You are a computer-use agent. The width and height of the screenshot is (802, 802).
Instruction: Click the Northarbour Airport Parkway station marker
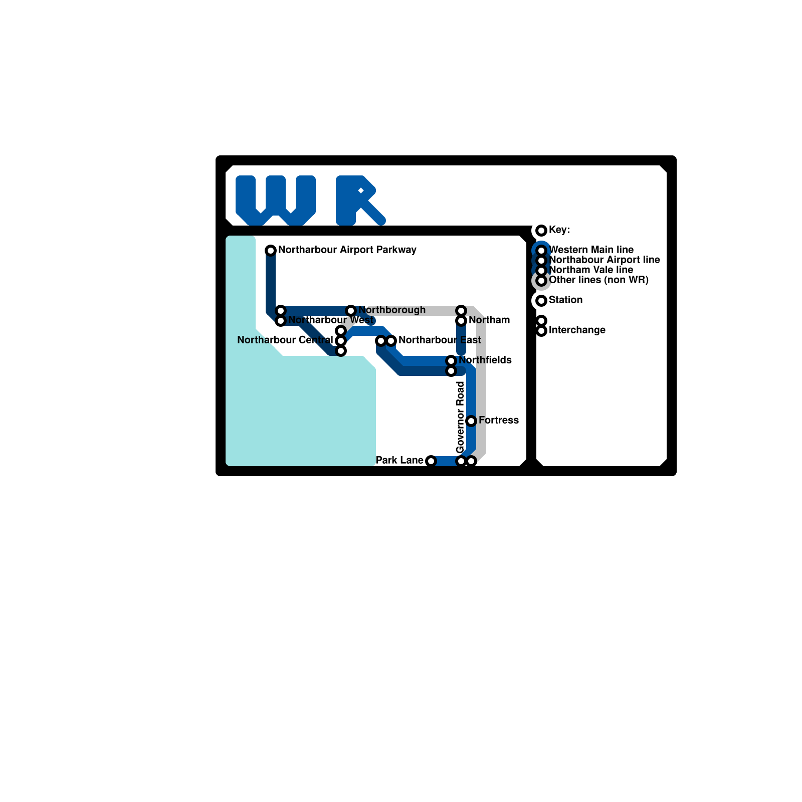click(x=271, y=250)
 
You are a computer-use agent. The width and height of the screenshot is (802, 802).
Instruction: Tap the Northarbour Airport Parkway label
click(x=347, y=250)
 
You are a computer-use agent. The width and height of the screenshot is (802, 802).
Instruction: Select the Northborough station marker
click(x=351, y=310)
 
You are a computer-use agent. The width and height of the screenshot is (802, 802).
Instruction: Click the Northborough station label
click(x=392, y=310)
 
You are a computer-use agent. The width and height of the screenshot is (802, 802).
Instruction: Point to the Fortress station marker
click(x=471, y=421)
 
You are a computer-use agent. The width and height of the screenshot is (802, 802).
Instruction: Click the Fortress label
click(x=498, y=420)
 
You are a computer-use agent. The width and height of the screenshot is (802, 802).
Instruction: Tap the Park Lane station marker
click(x=431, y=461)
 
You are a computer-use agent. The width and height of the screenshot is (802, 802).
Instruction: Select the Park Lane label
click(x=399, y=460)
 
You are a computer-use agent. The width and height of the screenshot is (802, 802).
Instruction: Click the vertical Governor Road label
click(x=461, y=417)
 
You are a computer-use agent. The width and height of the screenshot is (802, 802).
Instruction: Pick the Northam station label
click(x=489, y=320)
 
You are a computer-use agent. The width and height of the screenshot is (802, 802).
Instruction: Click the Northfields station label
click(x=485, y=360)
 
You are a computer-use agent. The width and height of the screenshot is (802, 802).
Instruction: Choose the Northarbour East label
click(x=439, y=340)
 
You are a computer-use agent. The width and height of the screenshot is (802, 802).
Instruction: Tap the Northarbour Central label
click(x=285, y=340)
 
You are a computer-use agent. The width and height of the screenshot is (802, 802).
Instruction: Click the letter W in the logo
click(x=275, y=200)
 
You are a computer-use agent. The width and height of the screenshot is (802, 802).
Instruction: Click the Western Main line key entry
click(x=591, y=250)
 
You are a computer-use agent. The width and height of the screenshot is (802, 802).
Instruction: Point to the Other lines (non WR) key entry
click(x=598, y=280)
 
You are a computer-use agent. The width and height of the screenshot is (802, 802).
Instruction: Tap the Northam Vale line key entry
click(x=591, y=270)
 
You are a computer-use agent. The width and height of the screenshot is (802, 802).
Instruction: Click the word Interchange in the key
click(x=577, y=330)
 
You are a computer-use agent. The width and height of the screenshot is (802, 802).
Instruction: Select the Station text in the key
click(x=565, y=300)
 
